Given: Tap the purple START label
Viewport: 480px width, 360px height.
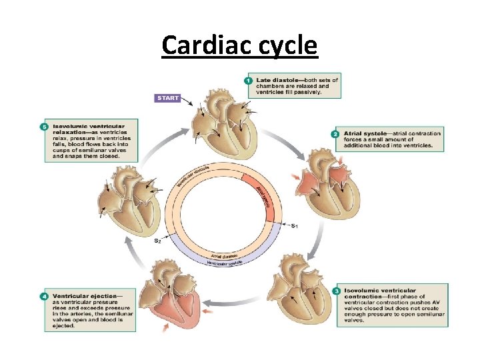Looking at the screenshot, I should click(x=168, y=98).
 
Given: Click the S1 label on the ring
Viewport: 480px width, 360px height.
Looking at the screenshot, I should click(x=294, y=226).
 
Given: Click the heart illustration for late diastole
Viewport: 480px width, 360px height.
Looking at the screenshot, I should click(x=215, y=120).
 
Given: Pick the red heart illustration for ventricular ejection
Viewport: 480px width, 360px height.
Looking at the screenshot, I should click(x=176, y=297).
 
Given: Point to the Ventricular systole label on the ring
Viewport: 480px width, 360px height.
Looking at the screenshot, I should click(x=225, y=263).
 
